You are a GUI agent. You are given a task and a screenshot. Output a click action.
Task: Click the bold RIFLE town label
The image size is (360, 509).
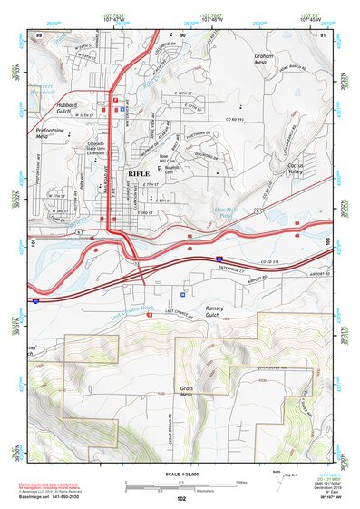pos(140,172)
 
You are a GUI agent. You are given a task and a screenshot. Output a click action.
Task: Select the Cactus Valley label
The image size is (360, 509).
pos(297,171)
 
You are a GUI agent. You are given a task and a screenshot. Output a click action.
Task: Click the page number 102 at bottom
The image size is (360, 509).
pos(180,499)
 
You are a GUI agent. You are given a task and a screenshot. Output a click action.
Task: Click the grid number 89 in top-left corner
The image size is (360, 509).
pos(39,34)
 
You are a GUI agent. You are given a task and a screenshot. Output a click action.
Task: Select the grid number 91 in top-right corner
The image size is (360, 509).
pos(324,34)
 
